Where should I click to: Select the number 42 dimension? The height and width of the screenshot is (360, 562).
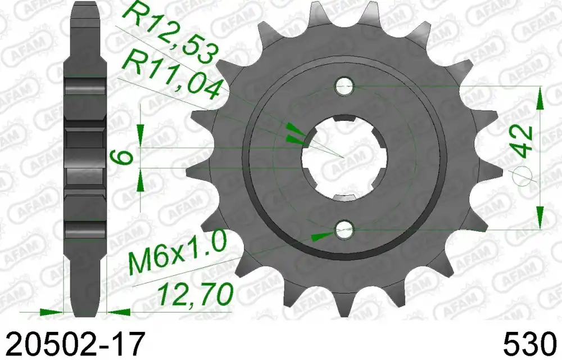coord(523,141)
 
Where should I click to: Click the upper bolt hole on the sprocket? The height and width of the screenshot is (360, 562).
coord(343,86)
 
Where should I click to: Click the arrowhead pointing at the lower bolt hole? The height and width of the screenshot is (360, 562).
coord(321,236)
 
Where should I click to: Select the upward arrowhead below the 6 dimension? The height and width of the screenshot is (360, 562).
coord(140,179)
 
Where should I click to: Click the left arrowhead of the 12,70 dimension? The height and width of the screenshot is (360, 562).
coord(54,310)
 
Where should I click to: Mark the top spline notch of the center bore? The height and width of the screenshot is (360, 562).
coord(343,119)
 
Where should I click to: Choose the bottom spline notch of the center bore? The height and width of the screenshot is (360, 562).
coord(343,197)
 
